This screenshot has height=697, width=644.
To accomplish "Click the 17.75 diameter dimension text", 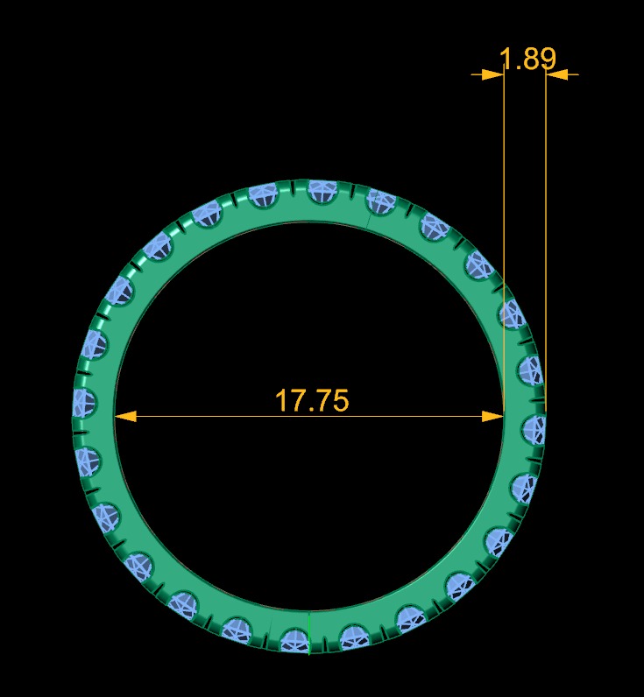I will (312, 400).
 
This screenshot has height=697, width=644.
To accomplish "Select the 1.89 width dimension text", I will (527, 59).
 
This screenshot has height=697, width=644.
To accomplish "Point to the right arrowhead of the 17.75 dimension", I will (493, 416).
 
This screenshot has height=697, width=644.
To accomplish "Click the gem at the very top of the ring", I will (322, 190).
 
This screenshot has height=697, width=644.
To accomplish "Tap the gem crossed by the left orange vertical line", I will (511, 313).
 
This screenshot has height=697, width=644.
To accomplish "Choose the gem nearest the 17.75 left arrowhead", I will (84, 402).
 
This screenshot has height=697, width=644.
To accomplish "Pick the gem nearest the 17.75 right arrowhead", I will (534, 429).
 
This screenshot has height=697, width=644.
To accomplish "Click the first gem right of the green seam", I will (352, 637).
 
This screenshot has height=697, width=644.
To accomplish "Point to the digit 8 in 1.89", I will (528, 59).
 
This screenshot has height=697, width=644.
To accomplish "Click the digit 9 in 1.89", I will (547, 59).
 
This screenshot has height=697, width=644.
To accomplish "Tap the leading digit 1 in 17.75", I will (281, 400).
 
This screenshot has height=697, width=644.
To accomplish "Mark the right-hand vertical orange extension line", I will (546, 219).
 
